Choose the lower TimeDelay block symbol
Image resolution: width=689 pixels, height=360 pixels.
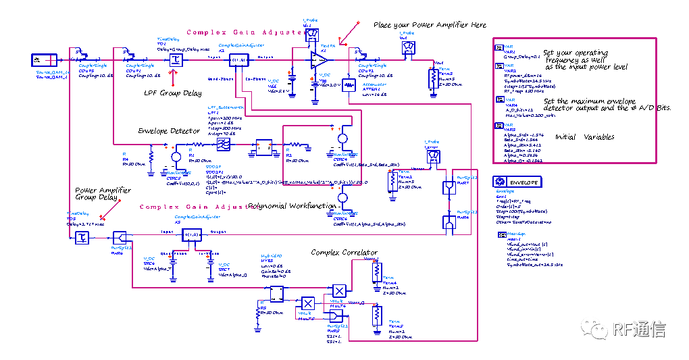82,236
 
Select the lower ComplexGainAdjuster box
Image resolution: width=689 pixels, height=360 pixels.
192,234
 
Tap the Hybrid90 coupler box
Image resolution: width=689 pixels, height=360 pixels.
276,294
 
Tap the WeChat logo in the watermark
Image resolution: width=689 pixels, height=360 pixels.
594,328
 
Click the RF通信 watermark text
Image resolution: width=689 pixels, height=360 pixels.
639,329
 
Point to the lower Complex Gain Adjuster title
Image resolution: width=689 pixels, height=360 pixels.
199,207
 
